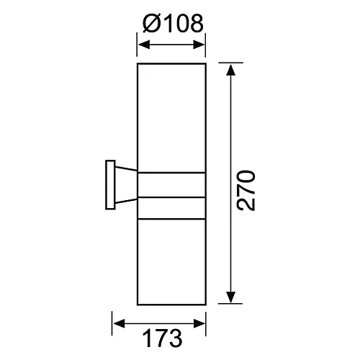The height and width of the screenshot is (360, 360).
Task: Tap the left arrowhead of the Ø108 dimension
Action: coord(143,45)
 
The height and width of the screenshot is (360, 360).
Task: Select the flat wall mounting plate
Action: coord(109,185)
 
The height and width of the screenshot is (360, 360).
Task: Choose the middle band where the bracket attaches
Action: coord(171,185)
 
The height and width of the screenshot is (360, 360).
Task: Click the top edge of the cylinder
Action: coord(171,63)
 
